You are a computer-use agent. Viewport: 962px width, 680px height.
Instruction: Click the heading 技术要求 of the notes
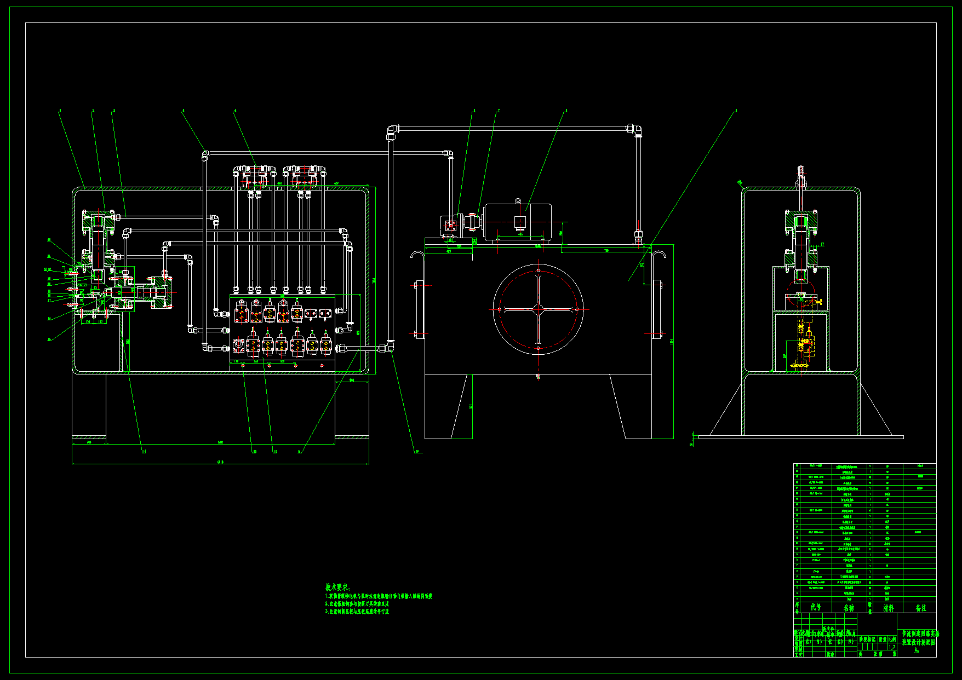[337, 587]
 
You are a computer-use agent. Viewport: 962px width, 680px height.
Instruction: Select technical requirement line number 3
[357, 612]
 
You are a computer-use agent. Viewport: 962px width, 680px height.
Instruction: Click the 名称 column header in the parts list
[849, 608]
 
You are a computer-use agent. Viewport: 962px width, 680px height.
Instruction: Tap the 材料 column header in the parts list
[887, 608]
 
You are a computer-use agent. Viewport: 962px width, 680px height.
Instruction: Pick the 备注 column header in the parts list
[920, 608]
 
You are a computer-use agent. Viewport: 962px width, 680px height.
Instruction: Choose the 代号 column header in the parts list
[816, 607]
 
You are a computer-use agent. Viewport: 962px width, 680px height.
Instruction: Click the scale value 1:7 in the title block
[891, 647]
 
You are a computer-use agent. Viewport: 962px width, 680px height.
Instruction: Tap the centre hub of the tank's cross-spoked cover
[538, 309]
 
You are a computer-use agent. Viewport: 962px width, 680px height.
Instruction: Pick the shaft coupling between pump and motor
[472, 222]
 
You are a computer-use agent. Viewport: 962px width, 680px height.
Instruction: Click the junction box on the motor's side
[519, 222]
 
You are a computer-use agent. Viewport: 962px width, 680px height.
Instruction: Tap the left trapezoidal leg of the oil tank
[459, 406]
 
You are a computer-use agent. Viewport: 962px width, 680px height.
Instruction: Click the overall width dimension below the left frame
[220, 462]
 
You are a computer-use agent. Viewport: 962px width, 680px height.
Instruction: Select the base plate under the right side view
[800, 437]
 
